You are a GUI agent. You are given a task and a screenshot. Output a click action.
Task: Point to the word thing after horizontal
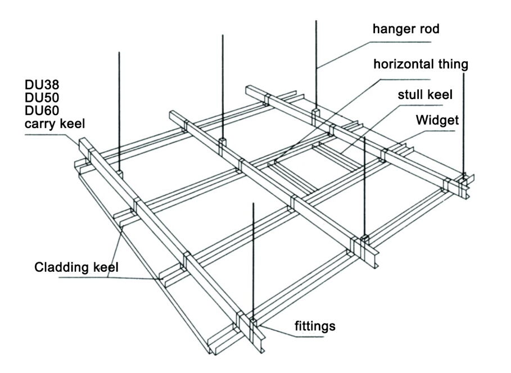tap(453, 65)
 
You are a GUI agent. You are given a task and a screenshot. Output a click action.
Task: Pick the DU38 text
tap(41, 85)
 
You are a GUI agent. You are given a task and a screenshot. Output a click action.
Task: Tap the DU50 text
tap(41, 97)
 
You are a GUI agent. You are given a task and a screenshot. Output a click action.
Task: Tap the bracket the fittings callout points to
tap(254, 324)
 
